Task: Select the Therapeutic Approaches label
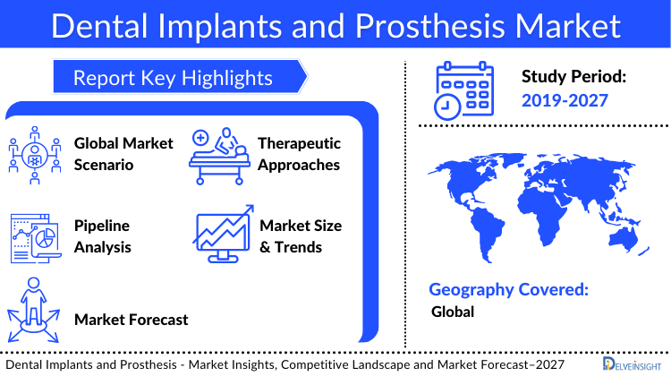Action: tap(299, 153)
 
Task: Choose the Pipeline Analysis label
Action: tap(102, 235)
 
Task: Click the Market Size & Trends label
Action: tap(301, 235)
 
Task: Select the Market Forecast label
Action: tap(132, 319)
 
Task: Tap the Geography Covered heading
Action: tap(508, 289)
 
